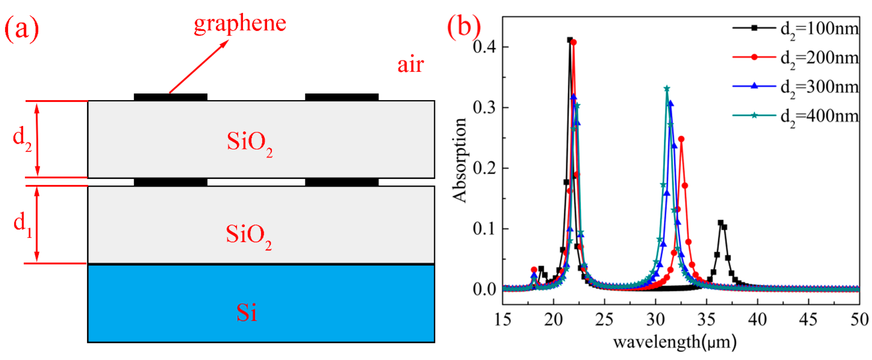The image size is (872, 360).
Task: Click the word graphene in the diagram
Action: (240, 24)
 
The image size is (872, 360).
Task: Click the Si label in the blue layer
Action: (246, 313)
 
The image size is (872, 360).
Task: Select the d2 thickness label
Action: (22, 139)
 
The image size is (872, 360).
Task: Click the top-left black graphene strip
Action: (171, 97)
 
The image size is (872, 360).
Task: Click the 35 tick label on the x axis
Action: (706, 319)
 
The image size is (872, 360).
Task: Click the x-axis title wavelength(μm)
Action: (675, 342)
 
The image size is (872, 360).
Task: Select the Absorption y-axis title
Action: (460, 161)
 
